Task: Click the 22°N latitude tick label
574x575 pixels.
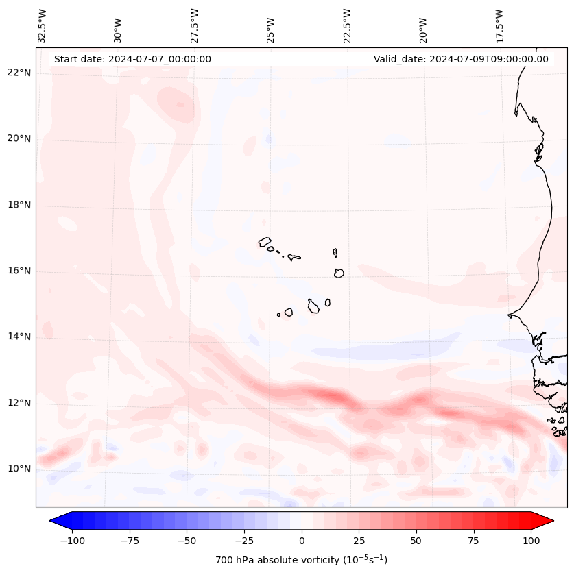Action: [19, 73]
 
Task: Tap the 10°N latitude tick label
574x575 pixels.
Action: [19, 469]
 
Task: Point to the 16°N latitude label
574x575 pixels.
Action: [19, 271]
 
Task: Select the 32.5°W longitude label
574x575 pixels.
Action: [43, 25]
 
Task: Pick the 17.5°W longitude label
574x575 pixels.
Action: [499, 25]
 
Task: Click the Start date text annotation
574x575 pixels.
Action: [132, 59]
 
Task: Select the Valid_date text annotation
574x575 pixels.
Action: [461, 59]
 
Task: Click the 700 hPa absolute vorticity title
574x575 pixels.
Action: [302, 560]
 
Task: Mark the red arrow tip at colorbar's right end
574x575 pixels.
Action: [549, 521]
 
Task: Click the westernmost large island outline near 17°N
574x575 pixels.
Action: [265, 242]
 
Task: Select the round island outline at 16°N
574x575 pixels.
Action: [339, 273]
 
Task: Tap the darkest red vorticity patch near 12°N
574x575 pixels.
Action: [334, 396]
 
